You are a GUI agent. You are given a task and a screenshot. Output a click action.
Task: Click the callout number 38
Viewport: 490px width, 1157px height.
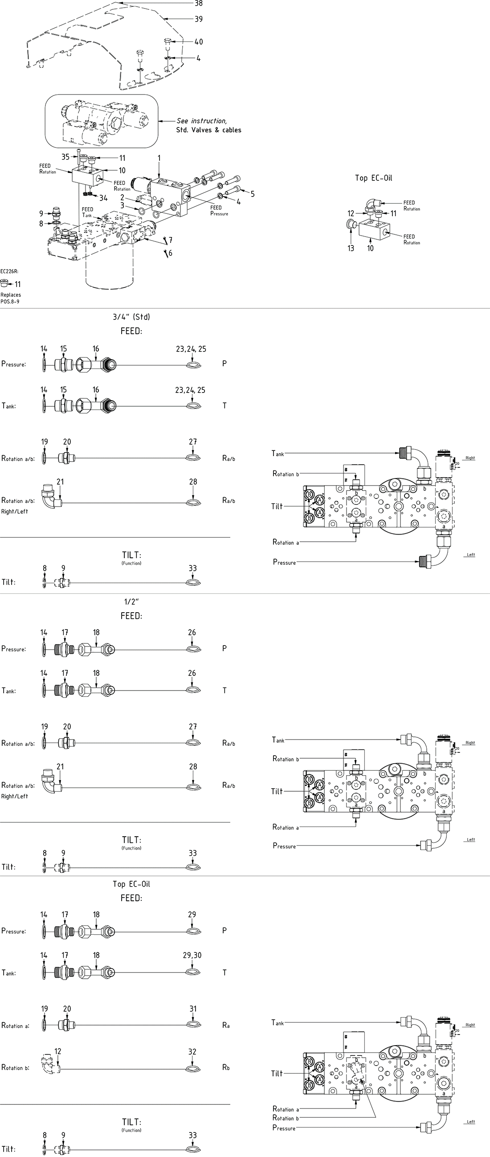point(199,4)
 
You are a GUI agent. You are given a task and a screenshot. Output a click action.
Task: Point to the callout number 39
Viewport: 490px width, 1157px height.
point(199,19)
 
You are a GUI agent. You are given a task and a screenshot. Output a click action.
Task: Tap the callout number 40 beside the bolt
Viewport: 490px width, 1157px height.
point(199,42)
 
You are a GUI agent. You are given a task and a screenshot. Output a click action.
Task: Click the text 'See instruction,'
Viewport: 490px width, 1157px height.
point(202,121)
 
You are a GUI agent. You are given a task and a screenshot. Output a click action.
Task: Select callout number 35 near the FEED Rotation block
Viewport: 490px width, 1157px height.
point(65,157)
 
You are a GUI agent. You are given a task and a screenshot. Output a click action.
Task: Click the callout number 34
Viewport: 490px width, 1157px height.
point(103,198)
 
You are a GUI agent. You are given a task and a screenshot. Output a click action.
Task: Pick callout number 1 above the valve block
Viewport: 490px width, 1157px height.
point(159,159)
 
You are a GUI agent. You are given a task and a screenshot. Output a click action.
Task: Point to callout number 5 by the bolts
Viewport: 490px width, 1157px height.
point(253,194)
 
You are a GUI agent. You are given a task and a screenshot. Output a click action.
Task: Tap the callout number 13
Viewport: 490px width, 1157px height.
point(351,249)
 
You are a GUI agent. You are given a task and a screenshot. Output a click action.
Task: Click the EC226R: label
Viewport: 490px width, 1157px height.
point(9,271)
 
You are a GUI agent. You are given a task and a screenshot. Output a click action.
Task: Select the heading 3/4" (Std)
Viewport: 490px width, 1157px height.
point(131,317)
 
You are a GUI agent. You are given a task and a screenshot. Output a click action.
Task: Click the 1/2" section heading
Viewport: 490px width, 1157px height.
point(131,602)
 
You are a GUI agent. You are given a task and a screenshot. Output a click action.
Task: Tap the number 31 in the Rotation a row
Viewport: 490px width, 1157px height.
point(193,1009)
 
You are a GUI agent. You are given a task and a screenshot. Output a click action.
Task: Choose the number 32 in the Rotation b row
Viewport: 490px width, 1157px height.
point(193,1052)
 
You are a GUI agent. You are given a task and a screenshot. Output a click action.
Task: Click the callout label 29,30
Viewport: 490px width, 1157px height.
point(192,955)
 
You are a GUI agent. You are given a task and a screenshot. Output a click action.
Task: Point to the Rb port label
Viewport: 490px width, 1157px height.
point(226,1067)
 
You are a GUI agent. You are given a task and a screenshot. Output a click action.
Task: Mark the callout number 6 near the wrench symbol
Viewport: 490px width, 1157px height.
point(170,253)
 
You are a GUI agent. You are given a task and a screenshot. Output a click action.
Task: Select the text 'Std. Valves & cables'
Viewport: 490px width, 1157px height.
point(208,130)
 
